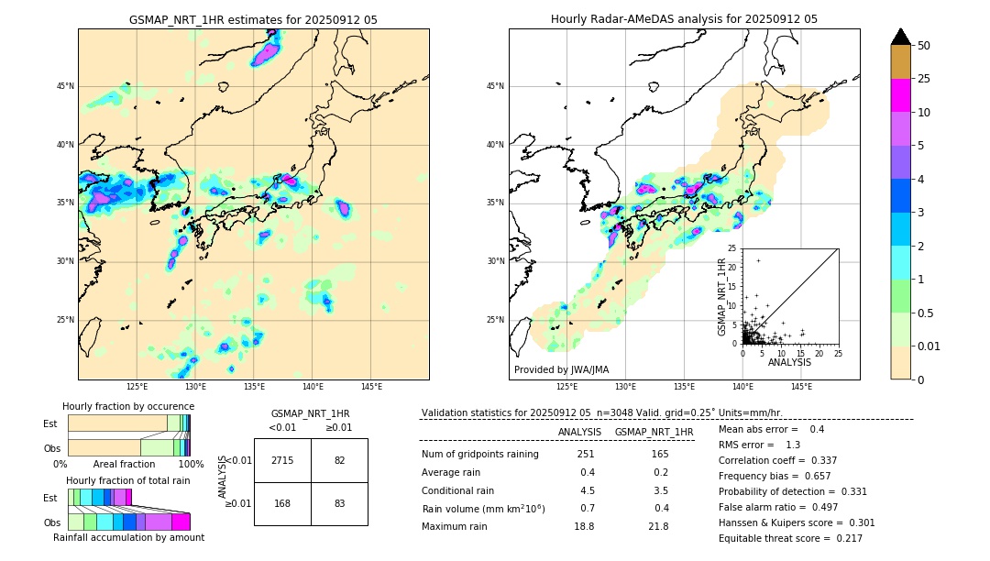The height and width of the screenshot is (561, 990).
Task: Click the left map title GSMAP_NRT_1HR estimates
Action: coord(253,19)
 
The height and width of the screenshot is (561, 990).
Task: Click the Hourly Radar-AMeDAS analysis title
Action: coord(684,19)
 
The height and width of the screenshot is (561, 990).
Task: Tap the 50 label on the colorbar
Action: coord(924,46)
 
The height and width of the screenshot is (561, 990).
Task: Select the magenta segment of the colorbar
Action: coord(901,95)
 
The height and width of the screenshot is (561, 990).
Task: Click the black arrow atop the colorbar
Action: coord(901,37)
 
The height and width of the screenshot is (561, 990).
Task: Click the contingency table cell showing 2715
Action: coord(282,460)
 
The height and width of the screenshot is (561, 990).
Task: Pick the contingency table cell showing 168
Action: coord(282,502)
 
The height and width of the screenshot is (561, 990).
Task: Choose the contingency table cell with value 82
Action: coord(339,460)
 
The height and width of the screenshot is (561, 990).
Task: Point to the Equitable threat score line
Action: coord(790,538)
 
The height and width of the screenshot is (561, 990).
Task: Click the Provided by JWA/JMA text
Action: coord(561,369)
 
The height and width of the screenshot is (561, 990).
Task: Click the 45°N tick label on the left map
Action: coord(65,86)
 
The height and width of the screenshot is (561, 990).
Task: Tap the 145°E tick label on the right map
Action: coord(801,387)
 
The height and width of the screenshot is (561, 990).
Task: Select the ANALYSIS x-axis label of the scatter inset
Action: coord(789,362)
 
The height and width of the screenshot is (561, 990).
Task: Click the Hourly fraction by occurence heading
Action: coord(128,406)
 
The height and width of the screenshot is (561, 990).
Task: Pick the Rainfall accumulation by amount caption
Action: coord(128,537)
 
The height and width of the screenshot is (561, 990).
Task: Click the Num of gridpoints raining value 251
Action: coord(586,455)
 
